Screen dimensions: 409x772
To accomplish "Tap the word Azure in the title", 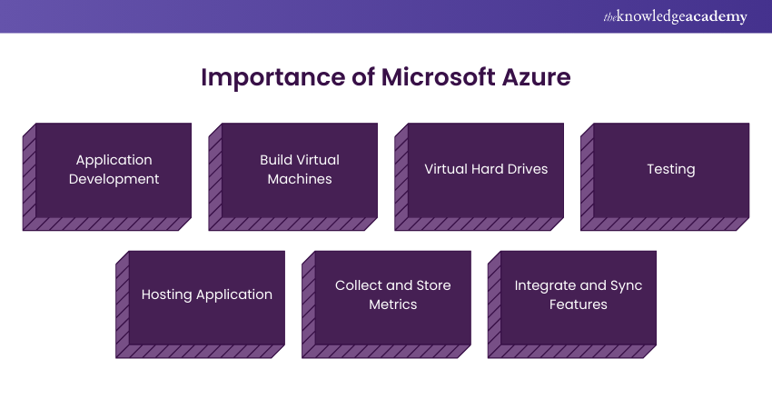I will pos(536,77).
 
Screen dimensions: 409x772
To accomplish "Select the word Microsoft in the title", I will pos(437,77).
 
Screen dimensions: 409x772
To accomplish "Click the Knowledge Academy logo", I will pos(675,16).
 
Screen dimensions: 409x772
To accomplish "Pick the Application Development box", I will pos(114,170).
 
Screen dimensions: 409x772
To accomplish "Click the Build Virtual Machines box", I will pos(300,170).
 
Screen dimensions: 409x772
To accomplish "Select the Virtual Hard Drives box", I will pos(486,170).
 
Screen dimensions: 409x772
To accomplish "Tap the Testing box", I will pos(671,170).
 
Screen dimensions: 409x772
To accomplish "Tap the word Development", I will pos(114,179).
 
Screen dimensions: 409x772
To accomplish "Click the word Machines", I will pos(300,179).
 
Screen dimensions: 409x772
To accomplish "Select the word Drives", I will pos(527,169).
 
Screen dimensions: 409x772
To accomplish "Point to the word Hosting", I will pos(167,294).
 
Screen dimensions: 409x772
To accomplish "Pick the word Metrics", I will pos(393,304).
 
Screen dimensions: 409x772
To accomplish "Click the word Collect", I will pos(358,285).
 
